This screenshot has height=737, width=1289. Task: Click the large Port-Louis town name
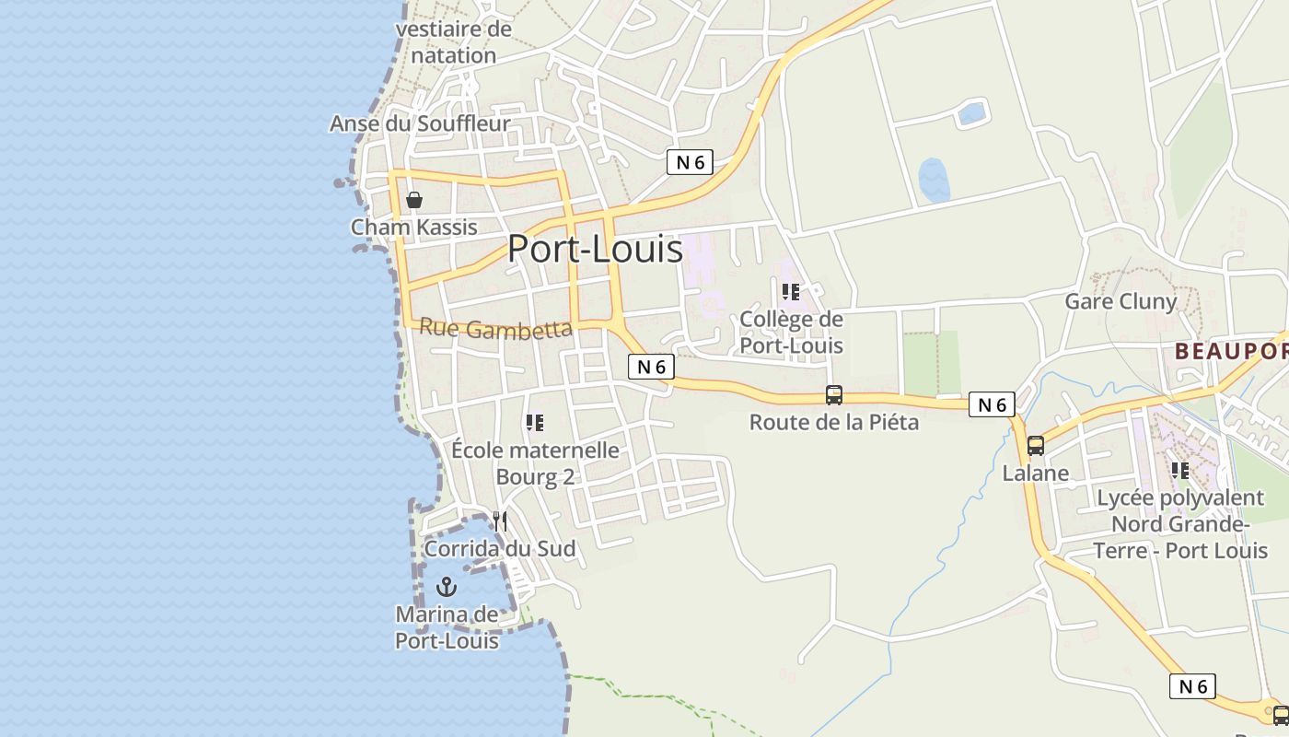(595, 250)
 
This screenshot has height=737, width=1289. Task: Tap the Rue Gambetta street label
(495, 329)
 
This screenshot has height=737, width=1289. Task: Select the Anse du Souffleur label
(420, 123)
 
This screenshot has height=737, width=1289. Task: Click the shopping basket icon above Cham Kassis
(414, 200)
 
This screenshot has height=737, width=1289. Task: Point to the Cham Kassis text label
(414, 227)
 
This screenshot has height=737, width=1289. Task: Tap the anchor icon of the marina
(447, 586)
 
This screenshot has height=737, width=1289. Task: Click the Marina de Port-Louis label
(447, 627)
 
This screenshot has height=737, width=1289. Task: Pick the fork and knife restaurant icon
(499, 521)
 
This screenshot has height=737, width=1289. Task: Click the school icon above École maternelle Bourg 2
(534, 423)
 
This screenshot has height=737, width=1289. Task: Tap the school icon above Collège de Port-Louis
(790, 292)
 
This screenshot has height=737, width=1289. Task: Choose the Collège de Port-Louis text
(792, 333)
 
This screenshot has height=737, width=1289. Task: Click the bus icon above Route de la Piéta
(834, 395)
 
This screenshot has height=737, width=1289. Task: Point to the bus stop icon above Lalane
(1036, 446)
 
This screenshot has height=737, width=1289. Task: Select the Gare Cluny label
(1121, 301)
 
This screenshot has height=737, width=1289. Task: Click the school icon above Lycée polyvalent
(1179, 471)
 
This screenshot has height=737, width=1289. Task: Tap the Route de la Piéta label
(834, 423)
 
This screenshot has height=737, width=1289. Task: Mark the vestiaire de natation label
(453, 42)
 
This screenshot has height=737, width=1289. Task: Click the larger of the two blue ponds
(934, 181)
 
